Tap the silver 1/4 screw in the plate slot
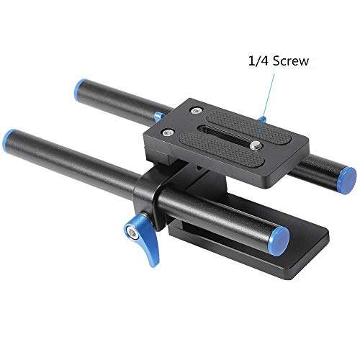256,144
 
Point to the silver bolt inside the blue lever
132,231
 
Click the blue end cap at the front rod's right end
280,237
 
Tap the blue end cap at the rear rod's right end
347,176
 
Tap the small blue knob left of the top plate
157,116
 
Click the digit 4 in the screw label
264,62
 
